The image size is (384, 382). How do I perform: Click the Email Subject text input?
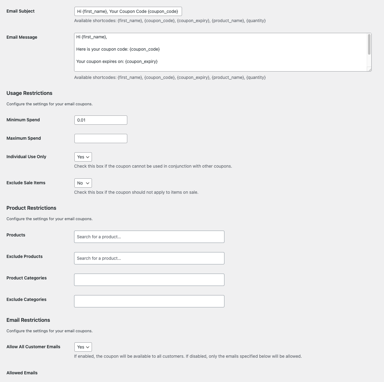(128, 11)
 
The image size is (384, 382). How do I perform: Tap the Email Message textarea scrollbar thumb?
(369, 45)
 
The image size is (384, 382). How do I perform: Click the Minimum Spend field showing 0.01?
(101, 120)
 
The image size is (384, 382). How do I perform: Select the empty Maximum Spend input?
(101, 138)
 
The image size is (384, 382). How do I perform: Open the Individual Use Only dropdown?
(83, 157)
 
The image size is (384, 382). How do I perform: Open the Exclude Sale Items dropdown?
(83, 183)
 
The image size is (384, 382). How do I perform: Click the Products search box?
(149, 237)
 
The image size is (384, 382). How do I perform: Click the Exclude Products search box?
(149, 258)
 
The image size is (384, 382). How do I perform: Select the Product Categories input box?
(149, 280)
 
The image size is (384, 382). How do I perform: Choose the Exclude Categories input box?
(149, 301)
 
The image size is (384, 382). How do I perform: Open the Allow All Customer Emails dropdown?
(83, 347)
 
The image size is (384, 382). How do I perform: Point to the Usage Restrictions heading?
(30, 93)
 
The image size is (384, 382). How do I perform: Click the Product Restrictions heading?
(31, 208)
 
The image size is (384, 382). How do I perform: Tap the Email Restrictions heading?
(28, 320)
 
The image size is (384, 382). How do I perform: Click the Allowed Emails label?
(22, 373)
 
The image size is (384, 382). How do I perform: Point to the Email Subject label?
(21, 11)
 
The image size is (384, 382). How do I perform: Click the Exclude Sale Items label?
(26, 183)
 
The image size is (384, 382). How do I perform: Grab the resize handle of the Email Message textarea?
(370, 70)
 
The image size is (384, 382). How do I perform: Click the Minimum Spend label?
(23, 120)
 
